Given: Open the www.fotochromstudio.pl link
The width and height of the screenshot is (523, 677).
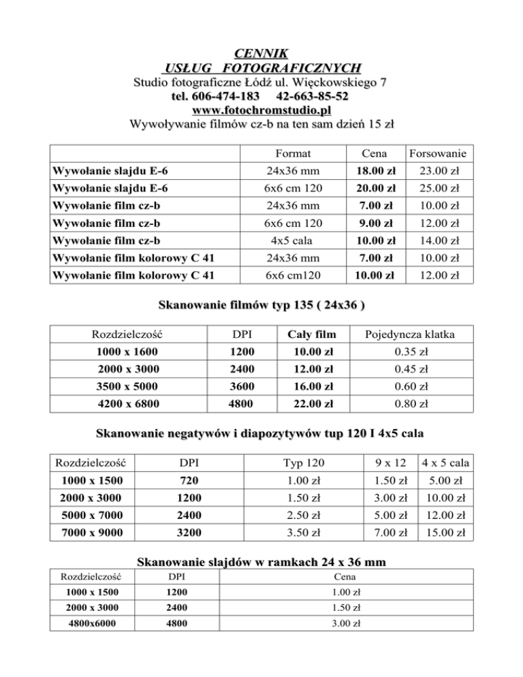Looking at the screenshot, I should pyautogui.click(x=261, y=110).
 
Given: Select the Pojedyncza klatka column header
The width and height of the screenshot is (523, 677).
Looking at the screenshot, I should pyautogui.click(x=409, y=334).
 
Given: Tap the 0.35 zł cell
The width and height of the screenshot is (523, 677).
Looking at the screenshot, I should pyautogui.click(x=409, y=351).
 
